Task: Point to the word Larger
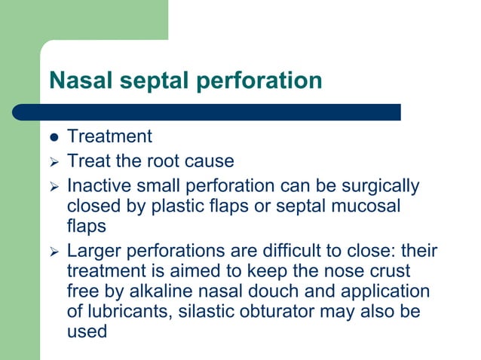(93, 251)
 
